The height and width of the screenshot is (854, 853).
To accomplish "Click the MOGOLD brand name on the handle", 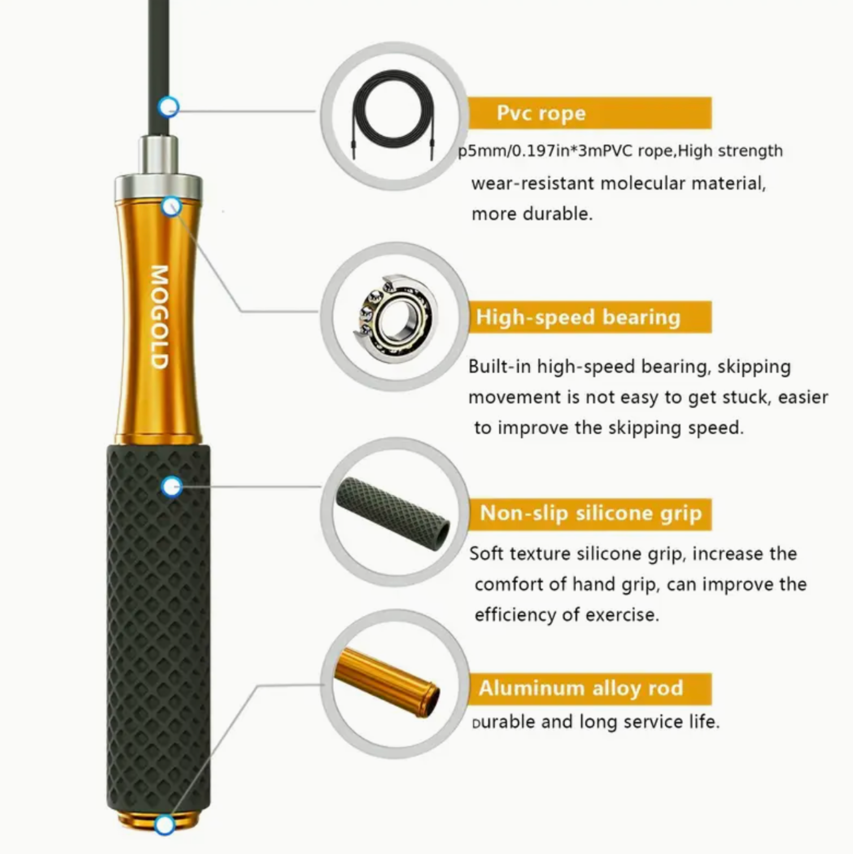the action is tap(160, 317).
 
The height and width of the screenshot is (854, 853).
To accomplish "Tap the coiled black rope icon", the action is tap(394, 113).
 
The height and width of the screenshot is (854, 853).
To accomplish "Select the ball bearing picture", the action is tap(395, 319).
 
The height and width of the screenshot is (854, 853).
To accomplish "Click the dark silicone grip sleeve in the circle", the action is tap(393, 513).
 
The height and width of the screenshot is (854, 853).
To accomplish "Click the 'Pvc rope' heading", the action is tap(541, 113).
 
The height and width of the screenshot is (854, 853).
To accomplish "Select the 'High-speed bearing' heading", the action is tap(578, 317).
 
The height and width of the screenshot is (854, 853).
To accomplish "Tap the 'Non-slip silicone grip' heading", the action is tap(591, 513).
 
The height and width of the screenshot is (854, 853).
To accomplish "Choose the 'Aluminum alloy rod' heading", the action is tap(581, 688).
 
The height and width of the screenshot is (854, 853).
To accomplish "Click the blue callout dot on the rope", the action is tap(169, 106).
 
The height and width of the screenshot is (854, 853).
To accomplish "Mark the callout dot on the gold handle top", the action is tap(171, 206).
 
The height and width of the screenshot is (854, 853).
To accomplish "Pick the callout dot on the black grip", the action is tap(171, 486).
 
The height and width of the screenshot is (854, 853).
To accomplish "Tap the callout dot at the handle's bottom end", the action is tap(165, 825).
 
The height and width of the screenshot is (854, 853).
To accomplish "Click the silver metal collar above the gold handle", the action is tap(158, 169).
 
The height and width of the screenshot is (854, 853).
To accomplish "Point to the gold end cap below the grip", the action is tap(158, 819).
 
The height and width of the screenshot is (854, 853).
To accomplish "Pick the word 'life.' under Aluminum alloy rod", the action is tap(704, 722).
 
